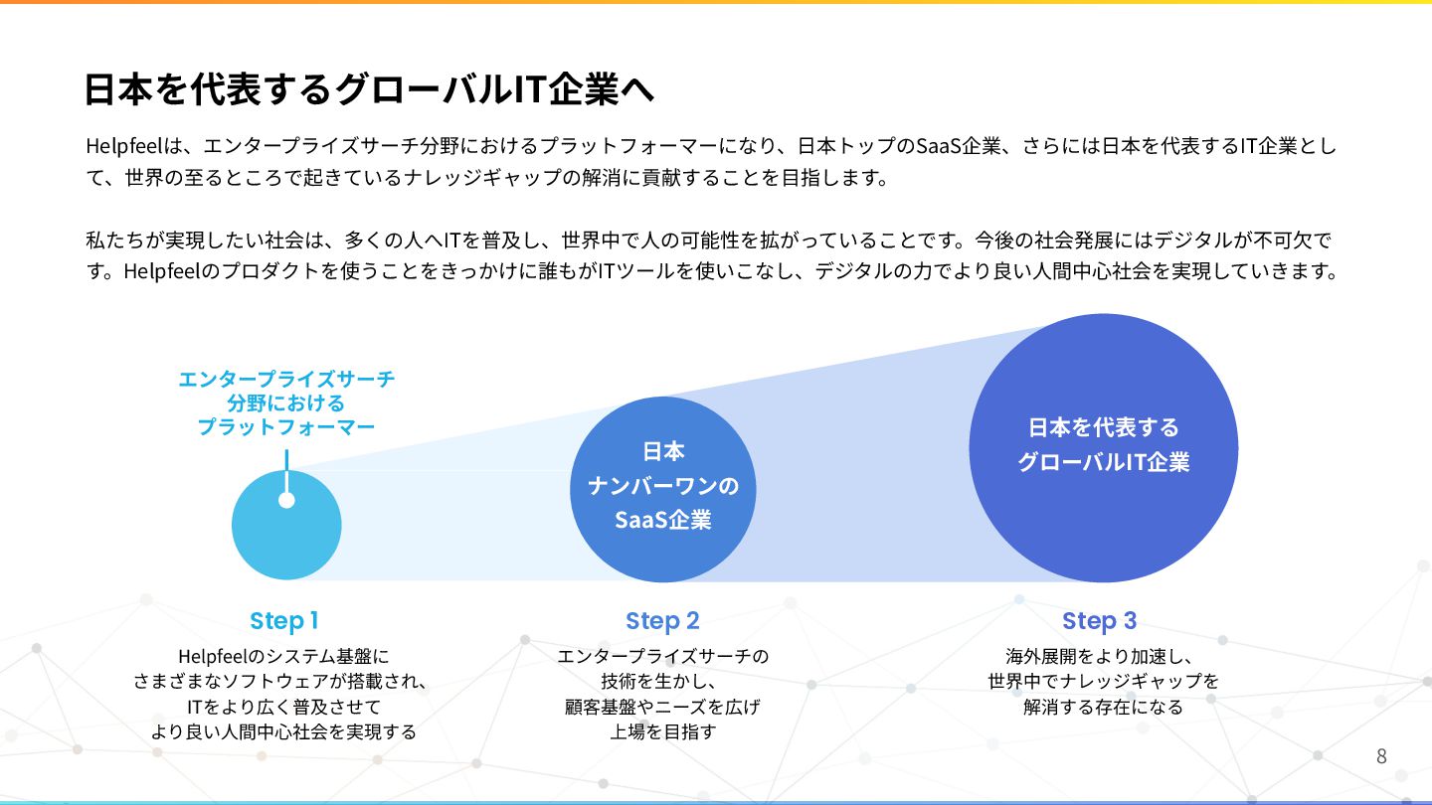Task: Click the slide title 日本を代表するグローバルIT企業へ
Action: (368, 88)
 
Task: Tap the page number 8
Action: (1381, 755)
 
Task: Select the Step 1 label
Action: (284, 621)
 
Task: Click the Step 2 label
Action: (662, 621)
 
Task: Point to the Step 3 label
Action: (1099, 621)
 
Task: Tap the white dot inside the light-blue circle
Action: (286, 500)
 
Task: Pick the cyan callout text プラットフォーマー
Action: (286, 427)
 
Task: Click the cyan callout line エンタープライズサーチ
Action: (286, 379)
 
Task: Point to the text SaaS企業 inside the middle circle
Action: (662, 520)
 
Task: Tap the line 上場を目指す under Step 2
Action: (662, 732)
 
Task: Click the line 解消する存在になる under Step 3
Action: (1103, 708)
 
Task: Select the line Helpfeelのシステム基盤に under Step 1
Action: (284, 656)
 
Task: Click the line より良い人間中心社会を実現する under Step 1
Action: (284, 732)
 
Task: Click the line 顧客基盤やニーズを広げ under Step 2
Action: (662, 708)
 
